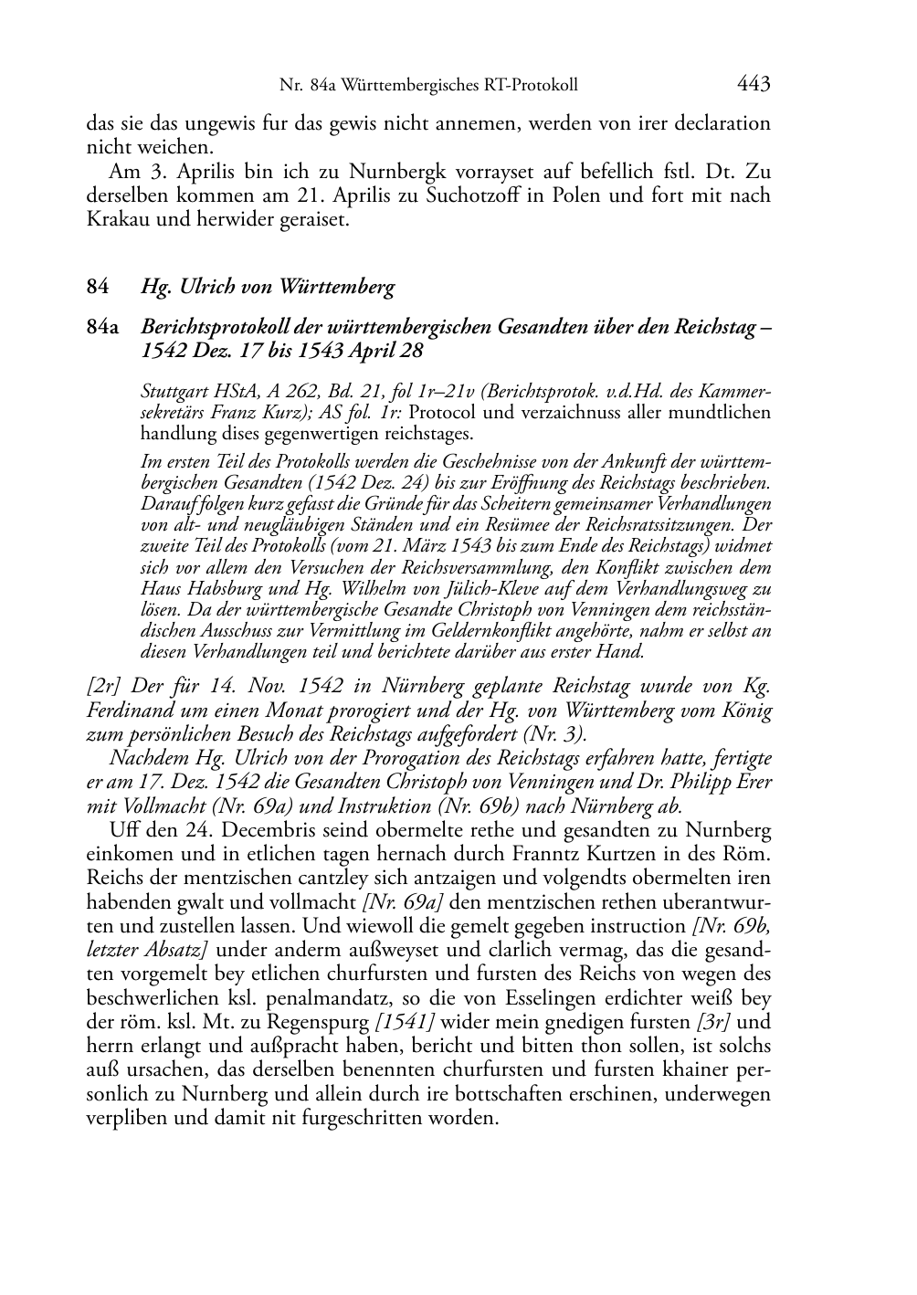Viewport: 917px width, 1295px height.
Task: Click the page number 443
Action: pos(753,85)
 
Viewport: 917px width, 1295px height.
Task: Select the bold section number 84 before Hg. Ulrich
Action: pos(98,288)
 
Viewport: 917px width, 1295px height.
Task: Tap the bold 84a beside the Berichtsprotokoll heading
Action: pos(102,326)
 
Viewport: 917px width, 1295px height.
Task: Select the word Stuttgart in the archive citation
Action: pos(173,392)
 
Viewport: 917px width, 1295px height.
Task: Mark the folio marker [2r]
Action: pos(104,686)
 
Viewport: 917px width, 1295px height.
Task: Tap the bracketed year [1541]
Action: pos(406,1022)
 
